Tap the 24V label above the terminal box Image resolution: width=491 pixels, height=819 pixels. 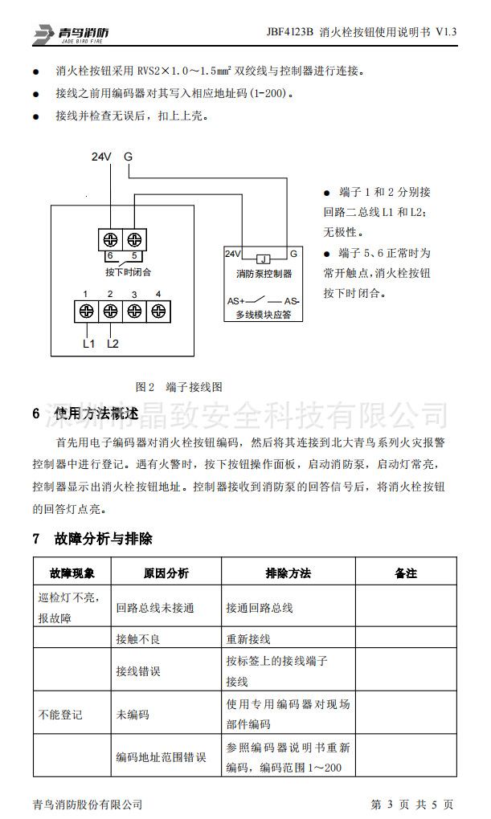tap(100, 157)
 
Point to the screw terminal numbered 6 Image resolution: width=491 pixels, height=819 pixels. tap(110, 238)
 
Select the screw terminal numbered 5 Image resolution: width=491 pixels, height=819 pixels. tap(134, 238)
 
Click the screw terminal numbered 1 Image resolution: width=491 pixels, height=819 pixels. tap(86, 311)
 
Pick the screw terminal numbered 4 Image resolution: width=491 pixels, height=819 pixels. tap(158, 311)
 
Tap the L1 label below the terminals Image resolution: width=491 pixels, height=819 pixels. tap(88, 344)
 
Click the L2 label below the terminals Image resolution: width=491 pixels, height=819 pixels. tap(113, 344)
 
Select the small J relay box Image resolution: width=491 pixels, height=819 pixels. tap(264, 259)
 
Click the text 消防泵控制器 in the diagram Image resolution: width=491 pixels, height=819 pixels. tap(264, 275)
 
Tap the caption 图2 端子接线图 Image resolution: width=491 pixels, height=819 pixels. tap(178, 386)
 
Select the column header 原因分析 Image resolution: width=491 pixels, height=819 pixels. tap(166, 573)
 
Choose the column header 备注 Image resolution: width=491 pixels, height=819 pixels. tap(406, 573)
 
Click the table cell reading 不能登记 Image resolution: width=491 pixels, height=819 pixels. tap(60, 714)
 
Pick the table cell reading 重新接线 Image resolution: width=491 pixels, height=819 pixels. tap(248, 640)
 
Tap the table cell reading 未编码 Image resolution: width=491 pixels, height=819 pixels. tap(133, 714)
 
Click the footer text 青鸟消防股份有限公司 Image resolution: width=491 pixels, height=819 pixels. tap(88, 804)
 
